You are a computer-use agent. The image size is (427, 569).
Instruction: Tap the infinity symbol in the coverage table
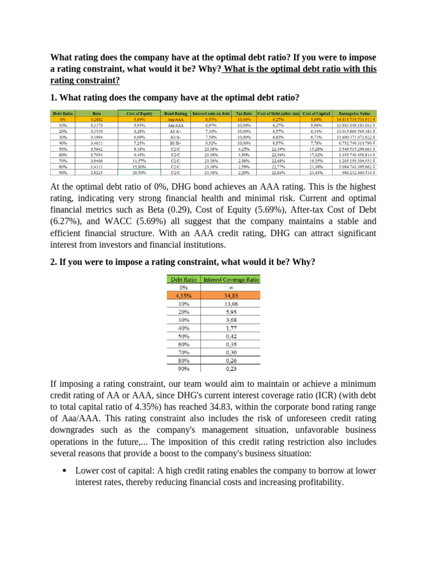tap(232, 288)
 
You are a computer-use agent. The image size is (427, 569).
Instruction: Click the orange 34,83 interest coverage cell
tap(232, 296)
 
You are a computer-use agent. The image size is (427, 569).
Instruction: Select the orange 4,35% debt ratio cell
tap(183, 296)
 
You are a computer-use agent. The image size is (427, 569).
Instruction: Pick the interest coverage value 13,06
tap(232, 304)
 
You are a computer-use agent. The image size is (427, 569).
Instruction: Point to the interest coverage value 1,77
tap(232, 328)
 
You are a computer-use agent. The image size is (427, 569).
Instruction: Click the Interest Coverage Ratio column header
tap(232, 279)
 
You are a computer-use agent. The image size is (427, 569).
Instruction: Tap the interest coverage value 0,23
tap(232, 368)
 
